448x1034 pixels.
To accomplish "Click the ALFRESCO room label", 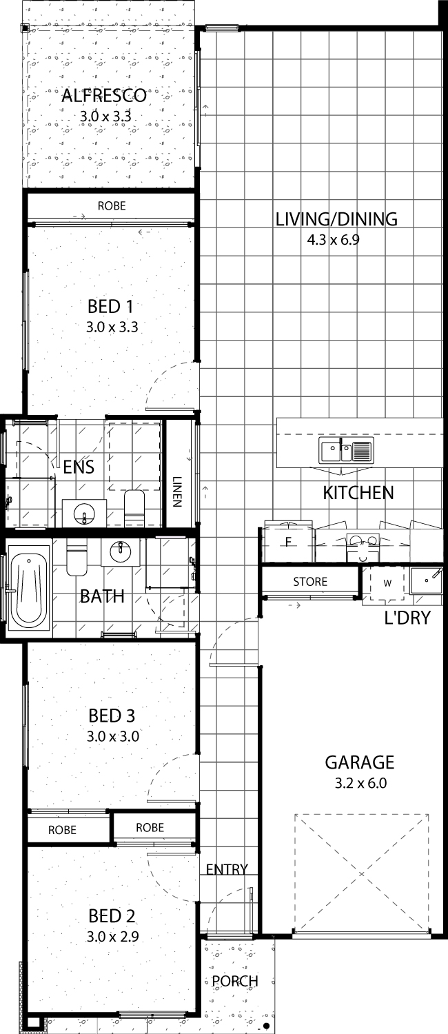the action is (x=104, y=95).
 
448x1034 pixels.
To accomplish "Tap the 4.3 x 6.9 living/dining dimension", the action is (x=333, y=240).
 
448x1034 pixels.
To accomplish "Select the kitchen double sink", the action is (x=345, y=449).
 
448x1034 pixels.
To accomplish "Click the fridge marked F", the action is (x=288, y=542).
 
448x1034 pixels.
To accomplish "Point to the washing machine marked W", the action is (x=387, y=583).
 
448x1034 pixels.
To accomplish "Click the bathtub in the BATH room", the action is (x=30, y=590).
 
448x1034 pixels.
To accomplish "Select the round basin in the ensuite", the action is (x=84, y=513).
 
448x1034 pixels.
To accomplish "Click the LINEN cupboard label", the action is (x=176, y=491).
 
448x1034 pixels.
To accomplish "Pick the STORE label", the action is (x=310, y=582).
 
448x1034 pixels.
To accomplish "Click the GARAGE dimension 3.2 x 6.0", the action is (x=360, y=783).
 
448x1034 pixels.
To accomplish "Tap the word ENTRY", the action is (x=227, y=870).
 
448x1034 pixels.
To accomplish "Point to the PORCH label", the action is (x=235, y=981).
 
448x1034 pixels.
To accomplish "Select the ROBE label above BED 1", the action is (x=112, y=206).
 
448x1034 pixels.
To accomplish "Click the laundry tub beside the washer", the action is (x=426, y=579).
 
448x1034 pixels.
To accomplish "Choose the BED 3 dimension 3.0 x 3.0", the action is (x=113, y=736).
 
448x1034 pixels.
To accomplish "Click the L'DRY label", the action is (x=407, y=617).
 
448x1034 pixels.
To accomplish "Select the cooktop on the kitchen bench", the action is (x=363, y=543).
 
